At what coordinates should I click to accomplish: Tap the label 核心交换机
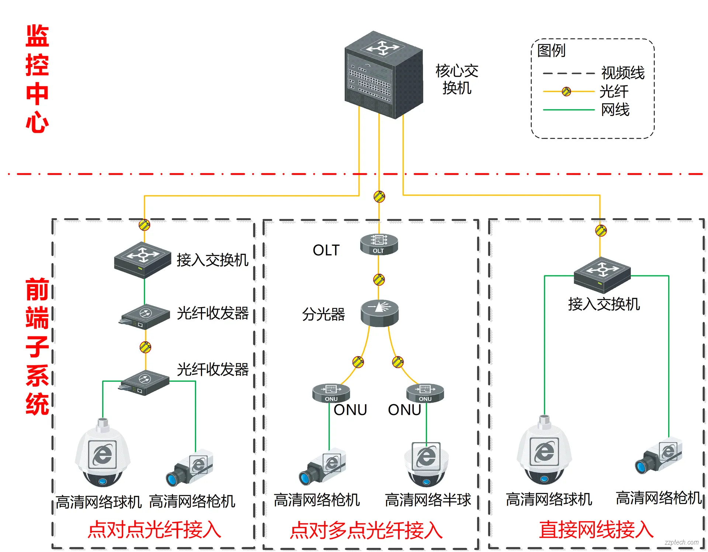(x=457, y=79)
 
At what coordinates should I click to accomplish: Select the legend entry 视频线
(x=622, y=73)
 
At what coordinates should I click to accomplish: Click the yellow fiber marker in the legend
(x=566, y=91)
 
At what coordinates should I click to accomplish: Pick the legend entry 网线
(x=615, y=110)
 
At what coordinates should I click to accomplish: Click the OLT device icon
(x=379, y=244)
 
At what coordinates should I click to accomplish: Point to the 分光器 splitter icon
(x=379, y=313)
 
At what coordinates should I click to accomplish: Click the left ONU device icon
(x=331, y=393)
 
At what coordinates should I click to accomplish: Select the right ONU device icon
(x=425, y=393)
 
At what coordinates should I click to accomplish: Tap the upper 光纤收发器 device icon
(x=145, y=317)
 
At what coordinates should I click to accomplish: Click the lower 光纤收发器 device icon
(x=144, y=382)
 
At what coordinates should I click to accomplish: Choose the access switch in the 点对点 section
(x=143, y=259)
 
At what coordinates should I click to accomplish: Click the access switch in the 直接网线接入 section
(x=602, y=275)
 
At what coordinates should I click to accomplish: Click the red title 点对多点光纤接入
(x=366, y=531)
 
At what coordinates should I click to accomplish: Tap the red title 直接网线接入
(x=596, y=530)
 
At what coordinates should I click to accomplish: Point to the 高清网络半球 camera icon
(x=426, y=464)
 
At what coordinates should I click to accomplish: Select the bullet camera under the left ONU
(x=322, y=467)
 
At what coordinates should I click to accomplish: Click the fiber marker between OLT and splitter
(x=379, y=279)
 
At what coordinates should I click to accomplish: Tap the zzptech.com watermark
(x=681, y=542)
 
